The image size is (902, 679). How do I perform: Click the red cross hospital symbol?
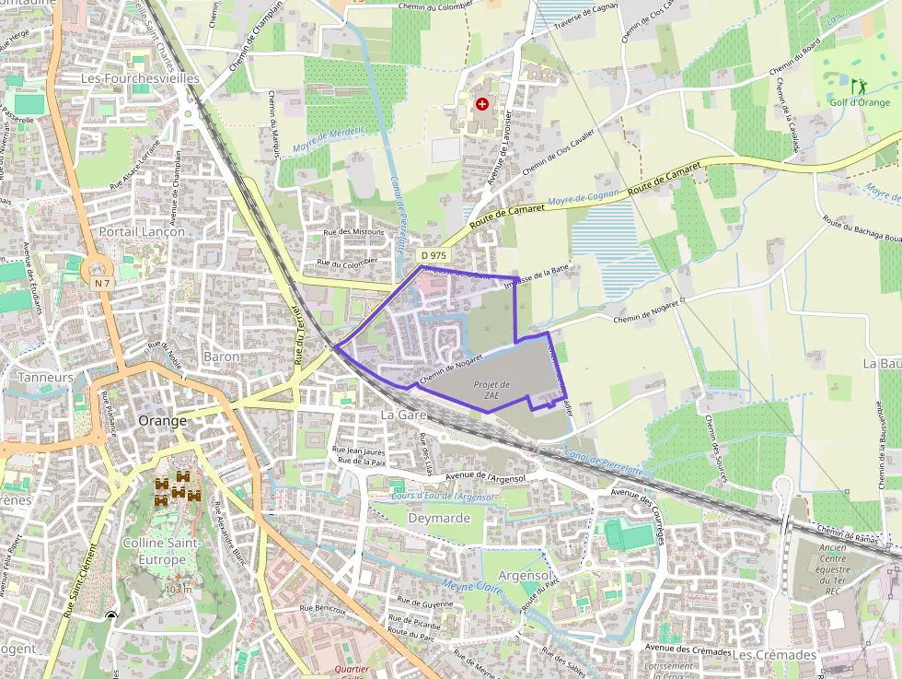click(481, 105)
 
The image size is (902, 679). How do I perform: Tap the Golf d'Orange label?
click(860, 102)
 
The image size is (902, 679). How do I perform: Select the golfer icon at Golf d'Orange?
click(859, 86)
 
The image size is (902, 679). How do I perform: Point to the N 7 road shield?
click(102, 284)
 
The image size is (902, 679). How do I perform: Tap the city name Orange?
click(162, 420)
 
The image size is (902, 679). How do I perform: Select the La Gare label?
click(403, 416)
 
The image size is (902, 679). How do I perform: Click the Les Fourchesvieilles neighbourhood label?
click(140, 79)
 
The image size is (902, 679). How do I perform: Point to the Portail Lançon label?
click(142, 231)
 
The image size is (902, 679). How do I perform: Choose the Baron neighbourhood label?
click(221, 357)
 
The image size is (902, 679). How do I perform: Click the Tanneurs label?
click(45, 378)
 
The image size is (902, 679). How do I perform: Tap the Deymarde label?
click(439, 518)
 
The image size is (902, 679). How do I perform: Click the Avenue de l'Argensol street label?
click(491, 475)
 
